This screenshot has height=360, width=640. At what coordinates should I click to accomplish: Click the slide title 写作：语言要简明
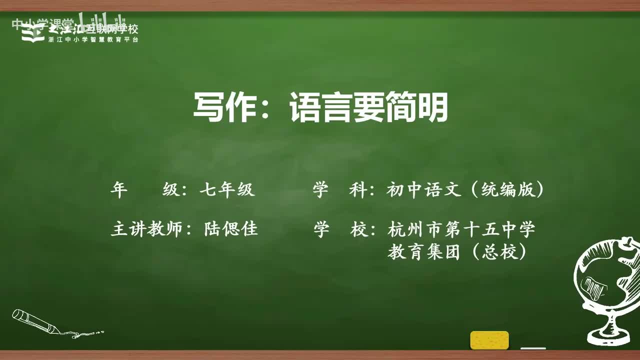click(320, 108)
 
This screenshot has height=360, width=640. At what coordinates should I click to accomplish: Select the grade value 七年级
click(227, 190)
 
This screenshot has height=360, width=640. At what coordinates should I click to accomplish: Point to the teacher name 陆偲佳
click(231, 229)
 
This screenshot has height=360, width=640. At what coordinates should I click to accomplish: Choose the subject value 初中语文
click(423, 190)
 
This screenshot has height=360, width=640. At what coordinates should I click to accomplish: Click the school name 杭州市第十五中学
click(461, 229)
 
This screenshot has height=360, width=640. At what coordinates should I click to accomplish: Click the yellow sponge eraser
click(489, 340)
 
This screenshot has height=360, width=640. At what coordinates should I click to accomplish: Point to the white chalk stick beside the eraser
click(533, 348)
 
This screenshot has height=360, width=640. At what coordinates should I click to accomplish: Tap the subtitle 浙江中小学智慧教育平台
click(93, 39)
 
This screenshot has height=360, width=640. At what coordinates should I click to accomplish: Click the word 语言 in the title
click(313, 108)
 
